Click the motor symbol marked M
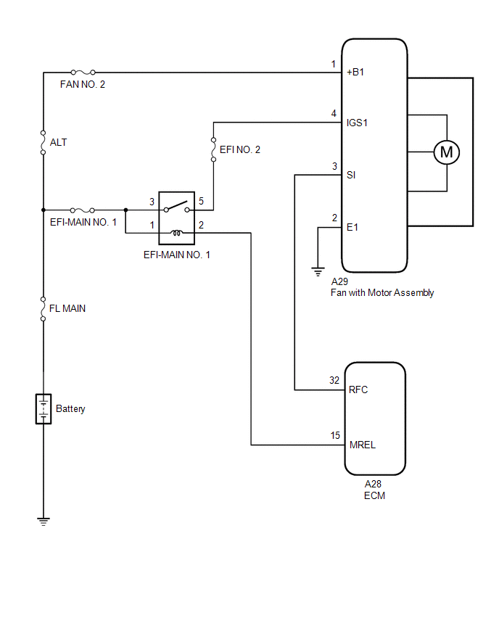click(447, 152)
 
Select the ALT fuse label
click(59, 142)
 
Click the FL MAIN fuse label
click(67, 308)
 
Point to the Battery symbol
click(44, 409)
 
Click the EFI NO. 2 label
click(239, 149)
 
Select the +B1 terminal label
click(357, 73)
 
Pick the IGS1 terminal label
click(358, 123)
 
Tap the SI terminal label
click(351, 175)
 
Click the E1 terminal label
click(352, 227)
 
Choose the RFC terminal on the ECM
click(358, 390)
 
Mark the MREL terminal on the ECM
click(362, 445)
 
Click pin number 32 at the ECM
click(334, 380)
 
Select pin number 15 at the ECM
click(334, 435)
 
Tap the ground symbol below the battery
click(44, 521)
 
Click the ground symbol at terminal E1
click(318, 272)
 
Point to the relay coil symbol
click(176, 232)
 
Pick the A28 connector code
click(374, 485)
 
